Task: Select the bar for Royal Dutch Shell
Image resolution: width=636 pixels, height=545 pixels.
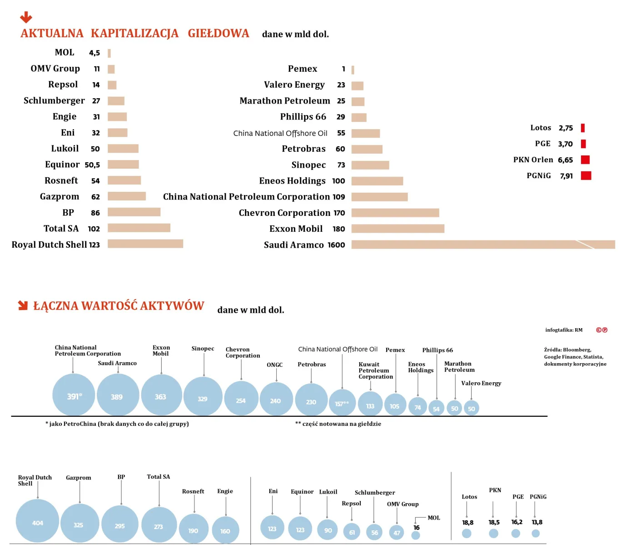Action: click(145, 244)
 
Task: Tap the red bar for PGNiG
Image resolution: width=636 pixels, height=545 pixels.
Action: click(586, 175)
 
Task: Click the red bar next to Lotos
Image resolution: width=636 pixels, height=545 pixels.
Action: click(583, 128)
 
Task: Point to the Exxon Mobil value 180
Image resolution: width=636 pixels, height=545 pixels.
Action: click(339, 229)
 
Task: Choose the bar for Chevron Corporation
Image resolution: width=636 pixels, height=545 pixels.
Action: click(395, 213)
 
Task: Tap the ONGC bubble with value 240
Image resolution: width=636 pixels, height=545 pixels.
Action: click(276, 400)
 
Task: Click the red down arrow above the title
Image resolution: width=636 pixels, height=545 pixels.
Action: click(26, 17)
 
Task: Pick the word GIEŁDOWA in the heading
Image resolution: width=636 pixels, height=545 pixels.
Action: click(219, 34)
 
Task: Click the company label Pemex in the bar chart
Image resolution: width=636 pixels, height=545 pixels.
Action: click(303, 69)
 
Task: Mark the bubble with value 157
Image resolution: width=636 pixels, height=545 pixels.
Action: click(342, 403)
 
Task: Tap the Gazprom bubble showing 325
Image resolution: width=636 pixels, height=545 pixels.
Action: click(79, 524)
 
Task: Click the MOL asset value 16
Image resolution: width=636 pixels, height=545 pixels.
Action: click(417, 528)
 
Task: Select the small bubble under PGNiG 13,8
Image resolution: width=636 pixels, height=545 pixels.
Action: click(536, 534)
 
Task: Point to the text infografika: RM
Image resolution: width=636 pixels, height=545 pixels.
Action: click(564, 330)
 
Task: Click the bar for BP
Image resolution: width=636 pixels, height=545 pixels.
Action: click(134, 212)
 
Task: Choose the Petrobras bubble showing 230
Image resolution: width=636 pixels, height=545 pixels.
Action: click(311, 400)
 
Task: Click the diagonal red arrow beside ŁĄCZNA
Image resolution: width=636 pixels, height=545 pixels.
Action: click(23, 305)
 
